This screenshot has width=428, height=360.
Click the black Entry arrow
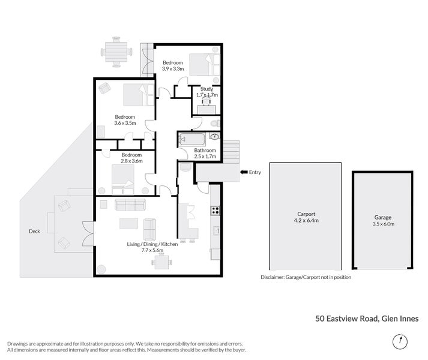[x=244, y=172]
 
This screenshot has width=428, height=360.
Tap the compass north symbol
[x=400, y=341]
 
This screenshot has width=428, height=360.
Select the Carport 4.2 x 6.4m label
[x=306, y=217]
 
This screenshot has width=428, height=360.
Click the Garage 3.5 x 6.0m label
[x=383, y=221]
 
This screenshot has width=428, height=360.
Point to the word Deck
[x=34, y=231]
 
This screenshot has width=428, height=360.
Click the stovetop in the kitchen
[x=215, y=211]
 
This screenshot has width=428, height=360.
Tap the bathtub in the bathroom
[x=192, y=140]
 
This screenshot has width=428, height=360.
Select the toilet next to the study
[x=216, y=124]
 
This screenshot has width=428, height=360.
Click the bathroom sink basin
[x=215, y=136]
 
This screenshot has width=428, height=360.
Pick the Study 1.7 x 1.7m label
[x=207, y=92]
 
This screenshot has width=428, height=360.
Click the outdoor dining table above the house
[x=116, y=52]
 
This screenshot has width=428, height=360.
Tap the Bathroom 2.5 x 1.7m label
[x=205, y=154]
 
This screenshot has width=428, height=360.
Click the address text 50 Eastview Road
[x=346, y=319]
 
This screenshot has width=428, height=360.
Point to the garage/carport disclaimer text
[x=306, y=277]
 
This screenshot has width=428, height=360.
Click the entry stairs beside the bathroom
[x=232, y=152]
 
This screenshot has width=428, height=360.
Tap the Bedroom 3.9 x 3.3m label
[x=173, y=66]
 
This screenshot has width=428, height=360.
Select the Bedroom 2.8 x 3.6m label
[x=131, y=158]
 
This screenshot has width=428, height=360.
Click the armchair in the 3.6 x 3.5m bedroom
[x=104, y=88]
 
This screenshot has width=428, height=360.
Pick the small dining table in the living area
[x=161, y=262]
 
